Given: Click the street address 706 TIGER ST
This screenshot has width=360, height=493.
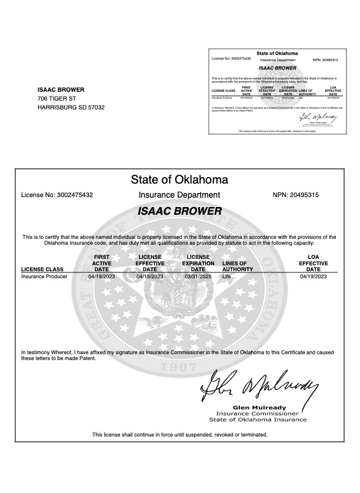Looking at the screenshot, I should pyautogui.click(x=57, y=98).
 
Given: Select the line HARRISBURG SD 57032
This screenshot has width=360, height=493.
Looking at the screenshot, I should pyautogui.click(x=71, y=108).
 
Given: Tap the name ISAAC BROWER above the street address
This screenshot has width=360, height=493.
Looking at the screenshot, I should pyautogui.click(x=61, y=89).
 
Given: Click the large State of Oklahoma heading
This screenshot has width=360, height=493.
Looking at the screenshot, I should pyautogui.click(x=179, y=179).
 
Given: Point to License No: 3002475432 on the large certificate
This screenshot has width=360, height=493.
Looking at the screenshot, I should pyautogui.click(x=57, y=195).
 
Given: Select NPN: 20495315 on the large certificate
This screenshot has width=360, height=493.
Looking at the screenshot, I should pyautogui.click(x=295, y=195).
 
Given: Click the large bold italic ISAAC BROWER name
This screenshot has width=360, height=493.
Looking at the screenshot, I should pyautogui.click(x=179, y=211).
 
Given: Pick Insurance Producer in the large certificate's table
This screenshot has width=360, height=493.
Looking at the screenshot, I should pyautogui.click(x=44, y=276).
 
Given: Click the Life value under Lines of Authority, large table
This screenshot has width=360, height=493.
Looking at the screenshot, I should pyautogui.click(x=226, y=276).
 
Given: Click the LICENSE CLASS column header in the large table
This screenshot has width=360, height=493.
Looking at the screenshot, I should pyautogui.click(x=42, y=269).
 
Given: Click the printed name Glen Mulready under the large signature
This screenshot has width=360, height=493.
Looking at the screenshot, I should pyautogui.click(x=258, y=407).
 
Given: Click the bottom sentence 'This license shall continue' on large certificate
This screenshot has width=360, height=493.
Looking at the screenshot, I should pyautogui.click(x=179, y=435).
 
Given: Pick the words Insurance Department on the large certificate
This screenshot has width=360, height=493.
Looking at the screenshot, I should pyautogui.click(x=179, y=195).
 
